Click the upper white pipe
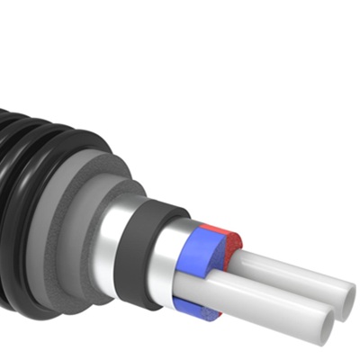tap(288, 270)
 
